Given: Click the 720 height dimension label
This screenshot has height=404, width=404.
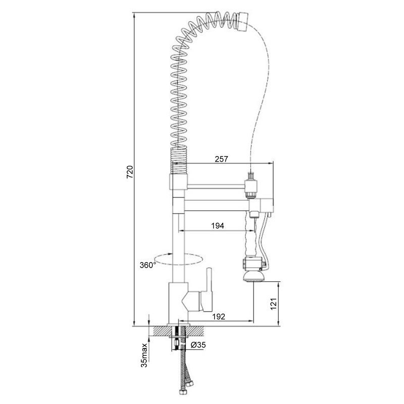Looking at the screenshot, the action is point(130,172).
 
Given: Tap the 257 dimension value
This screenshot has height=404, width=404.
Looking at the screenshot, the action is point(221,159).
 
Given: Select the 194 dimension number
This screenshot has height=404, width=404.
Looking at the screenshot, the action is point(218,226).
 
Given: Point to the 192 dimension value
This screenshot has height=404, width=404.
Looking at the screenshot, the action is point(219,317).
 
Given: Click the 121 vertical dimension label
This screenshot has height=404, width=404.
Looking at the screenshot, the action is point(274,304).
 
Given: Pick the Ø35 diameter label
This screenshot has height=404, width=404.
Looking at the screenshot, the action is point(198,345).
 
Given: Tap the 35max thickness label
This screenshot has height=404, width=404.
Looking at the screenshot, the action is point(144,355).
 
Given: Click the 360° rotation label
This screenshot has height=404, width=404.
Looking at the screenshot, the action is point(148,265).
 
